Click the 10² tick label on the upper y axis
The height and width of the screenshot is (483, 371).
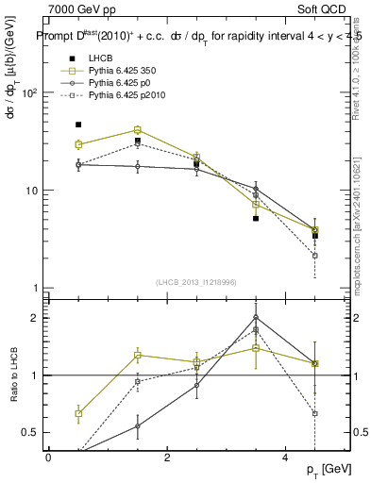coord(29,93)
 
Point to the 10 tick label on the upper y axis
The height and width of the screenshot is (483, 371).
coord(31,191)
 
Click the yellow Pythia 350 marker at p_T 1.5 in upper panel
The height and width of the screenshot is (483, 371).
coord(138,130)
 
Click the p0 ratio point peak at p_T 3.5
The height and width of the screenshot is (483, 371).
coord(256,318)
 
